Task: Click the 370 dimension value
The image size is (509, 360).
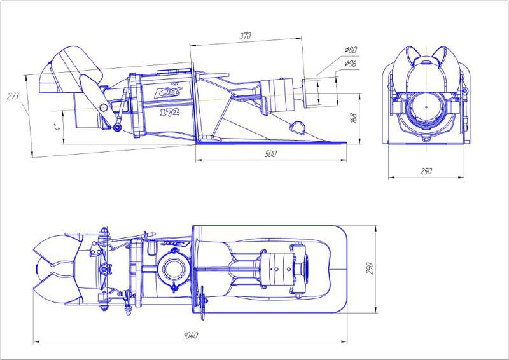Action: coord(245,36)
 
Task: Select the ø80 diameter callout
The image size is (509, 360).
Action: coord(350,50)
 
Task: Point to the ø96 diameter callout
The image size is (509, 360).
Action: coord(350,64)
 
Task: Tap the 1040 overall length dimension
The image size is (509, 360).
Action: coord(190,336)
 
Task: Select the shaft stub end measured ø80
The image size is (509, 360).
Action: coord(312,90)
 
